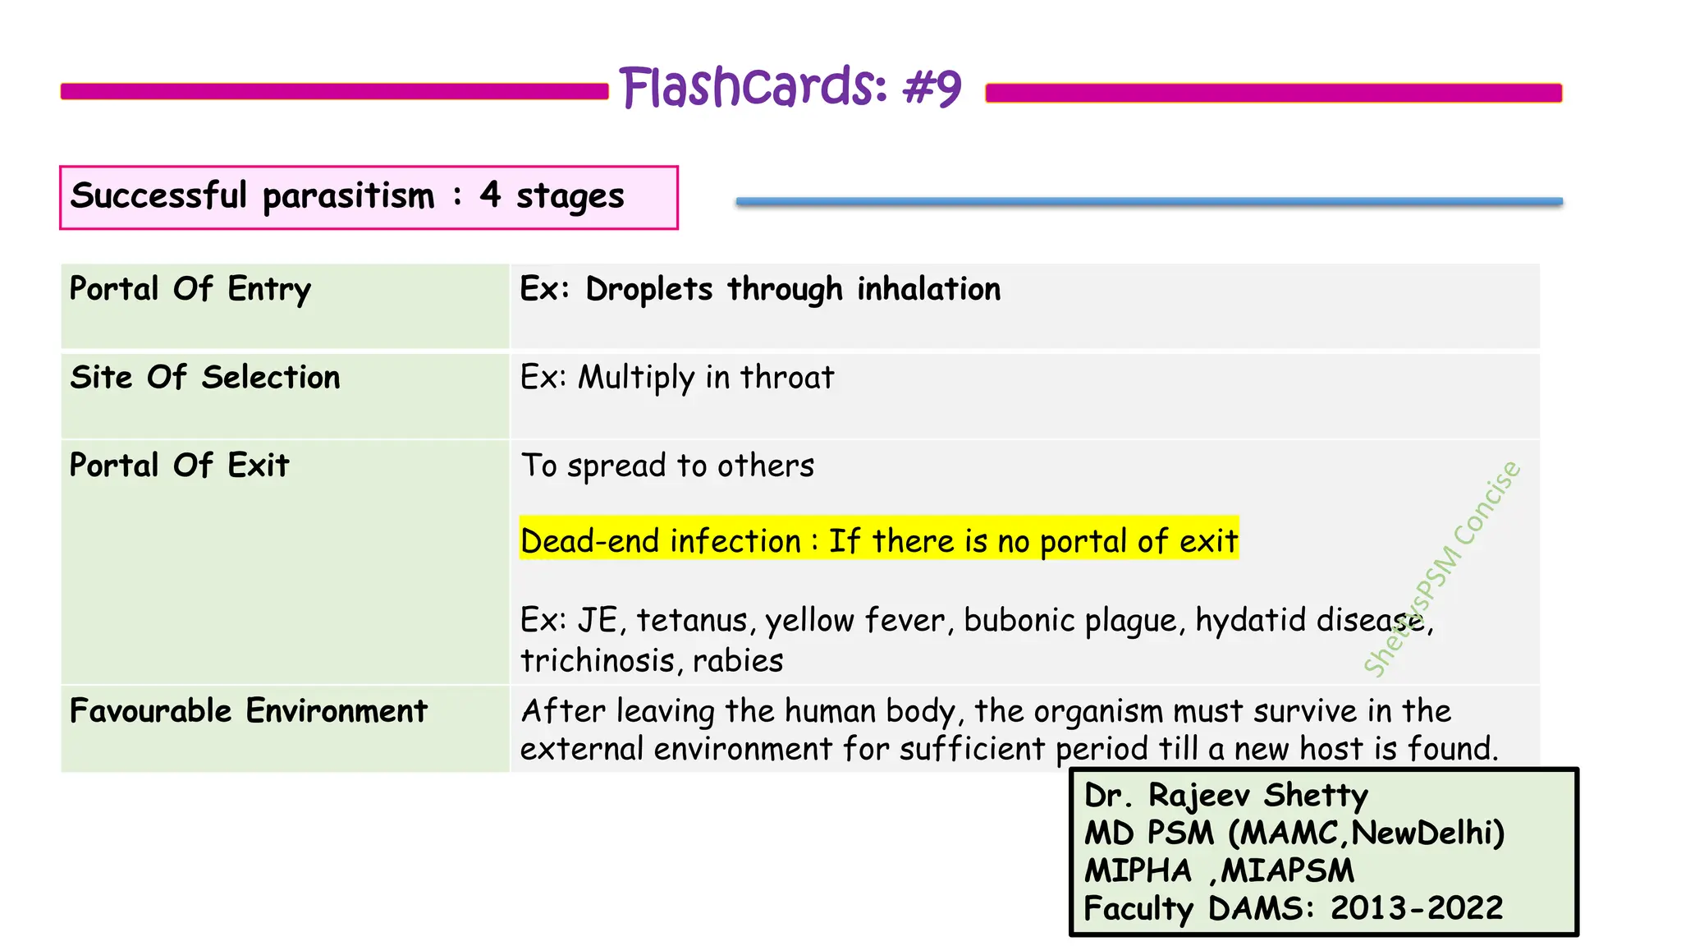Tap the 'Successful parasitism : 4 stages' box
pos(369,197)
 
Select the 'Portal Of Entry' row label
pos(190,290)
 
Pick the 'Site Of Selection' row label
pos(205,378)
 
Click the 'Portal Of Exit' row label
pos(180,466)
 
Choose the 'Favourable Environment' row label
pos(249,711)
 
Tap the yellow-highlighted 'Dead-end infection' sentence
pos(878,541)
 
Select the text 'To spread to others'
pos(667,466)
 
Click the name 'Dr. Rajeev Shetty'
pos(1225,796)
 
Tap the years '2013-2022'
pos(1416,908)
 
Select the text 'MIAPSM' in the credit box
pos(1286,870)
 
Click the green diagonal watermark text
pos(1442,569)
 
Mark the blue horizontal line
pos(1149,201)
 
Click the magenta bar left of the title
pos(334,91)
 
